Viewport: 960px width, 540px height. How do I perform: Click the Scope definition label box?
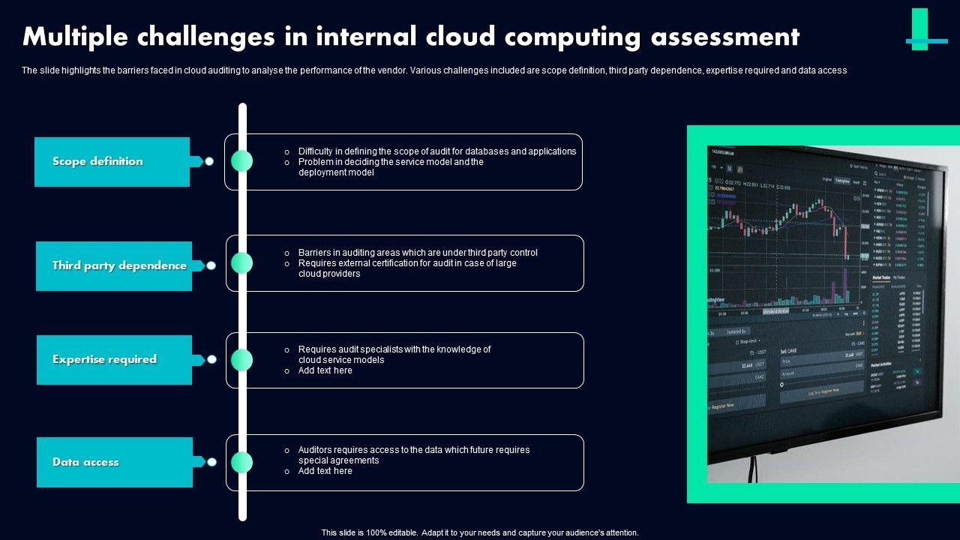[x=112, y=161]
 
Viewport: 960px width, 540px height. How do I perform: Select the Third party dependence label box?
[x=114, y=265]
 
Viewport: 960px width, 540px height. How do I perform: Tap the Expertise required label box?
[x=114, y=360]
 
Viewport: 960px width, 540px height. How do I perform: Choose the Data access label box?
[x=114, y=462]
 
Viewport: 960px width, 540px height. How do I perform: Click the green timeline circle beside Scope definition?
[x=241, y=160]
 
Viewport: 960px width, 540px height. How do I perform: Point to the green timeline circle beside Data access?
[x=241, y=463]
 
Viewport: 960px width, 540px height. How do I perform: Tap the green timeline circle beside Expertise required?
[x=241, y=360]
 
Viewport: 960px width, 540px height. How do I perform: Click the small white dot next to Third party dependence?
[x=211, y=265]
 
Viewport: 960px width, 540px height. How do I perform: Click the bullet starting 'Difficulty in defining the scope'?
[x=436, y=151]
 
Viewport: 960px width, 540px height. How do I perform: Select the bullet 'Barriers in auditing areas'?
[x=417, y=253]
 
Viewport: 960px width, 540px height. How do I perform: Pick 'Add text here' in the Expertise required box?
[x=325, y=370]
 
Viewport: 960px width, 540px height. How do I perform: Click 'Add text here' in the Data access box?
[x=325, y=471]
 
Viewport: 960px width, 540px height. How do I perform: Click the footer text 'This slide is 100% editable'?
[x=480, y=532]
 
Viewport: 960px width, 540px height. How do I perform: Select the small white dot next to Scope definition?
[x=210, y=161]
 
